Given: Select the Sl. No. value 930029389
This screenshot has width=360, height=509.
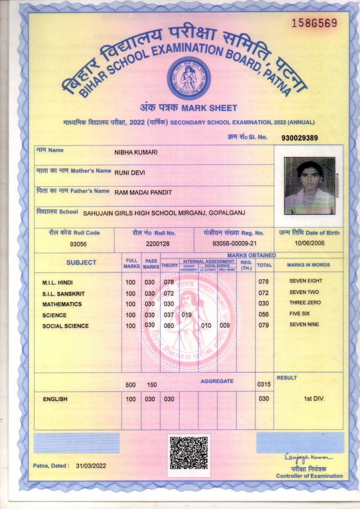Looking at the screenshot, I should pyautogui.click(x=299, y=138).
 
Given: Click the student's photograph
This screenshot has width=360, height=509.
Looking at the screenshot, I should pyautogui.click(x=310, y=185).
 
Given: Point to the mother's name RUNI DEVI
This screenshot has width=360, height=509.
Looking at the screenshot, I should pyautogui.click(x=130, y=173).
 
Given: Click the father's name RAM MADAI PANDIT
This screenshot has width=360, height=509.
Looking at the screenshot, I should pyautogui.click(x=143, y=192).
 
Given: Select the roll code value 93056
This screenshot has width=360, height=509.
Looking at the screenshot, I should pyautogui.click(x=78, y=244).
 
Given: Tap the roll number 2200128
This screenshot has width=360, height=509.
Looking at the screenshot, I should pyautogui.click(x=158, y=244).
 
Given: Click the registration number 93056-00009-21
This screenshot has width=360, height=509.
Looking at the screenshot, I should pyautogui.click(x=235, y=244).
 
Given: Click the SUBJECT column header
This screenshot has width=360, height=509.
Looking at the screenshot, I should pyautogui.click(x=81, y=263).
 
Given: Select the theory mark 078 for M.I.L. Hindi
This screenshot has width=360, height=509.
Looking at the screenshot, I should pyautogui.click(x=168, y=282).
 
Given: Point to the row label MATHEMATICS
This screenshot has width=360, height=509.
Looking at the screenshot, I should pyautogui.click(x=62, y=304).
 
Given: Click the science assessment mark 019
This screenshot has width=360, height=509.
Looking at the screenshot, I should pyautogui.click(x=187, y=315).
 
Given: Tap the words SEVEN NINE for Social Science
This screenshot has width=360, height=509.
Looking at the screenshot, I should pyautogui.click(x=304, y=324).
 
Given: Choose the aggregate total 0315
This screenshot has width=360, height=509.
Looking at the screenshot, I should pyautogui.click(x=264, y=384).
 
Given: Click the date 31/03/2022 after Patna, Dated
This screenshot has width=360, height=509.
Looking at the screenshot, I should pyautogui.click(x=91, y=466).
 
